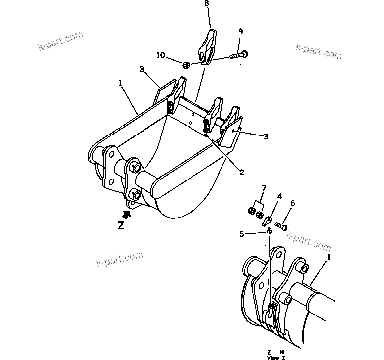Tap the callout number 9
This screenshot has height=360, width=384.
pyautogui.click(x=240, y=32)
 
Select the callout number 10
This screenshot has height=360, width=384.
pyautogui.click(x=160, y=55)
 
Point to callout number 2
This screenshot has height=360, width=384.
pyautogui.click(x=242, y=172)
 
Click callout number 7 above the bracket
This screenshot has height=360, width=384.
pyautogui.click(x=264, y=189)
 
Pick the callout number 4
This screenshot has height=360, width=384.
pyautogui.click(x=279, y=196)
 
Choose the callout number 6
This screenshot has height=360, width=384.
pyautogui.click(x=292, y=203)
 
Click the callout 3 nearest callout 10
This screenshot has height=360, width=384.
pyautogui.click(x=142, y=70)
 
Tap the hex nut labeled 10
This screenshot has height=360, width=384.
pyautogui.click(x=186, y=65)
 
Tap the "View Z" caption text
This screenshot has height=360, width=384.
pyautogui.click(x=276, y=356)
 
